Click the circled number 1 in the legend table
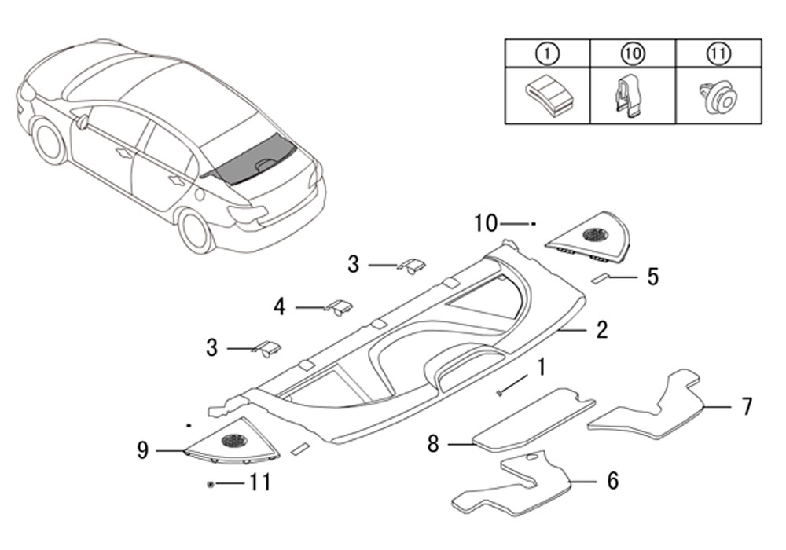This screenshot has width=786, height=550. [x=547, y=53]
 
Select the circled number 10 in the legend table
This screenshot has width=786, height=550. [x=633, y=53]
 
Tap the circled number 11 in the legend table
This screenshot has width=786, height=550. [x=719, y=53]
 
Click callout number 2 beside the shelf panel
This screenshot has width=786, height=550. [x=602, y=329]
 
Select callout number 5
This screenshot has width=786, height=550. [x=652, y=277]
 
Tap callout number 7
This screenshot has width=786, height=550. [x=747, y=407]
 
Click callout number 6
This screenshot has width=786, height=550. [x=612, y=480]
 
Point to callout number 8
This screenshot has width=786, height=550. [x=433, y=444]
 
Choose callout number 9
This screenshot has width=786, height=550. [x=143, y=450]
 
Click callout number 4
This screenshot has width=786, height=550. [x=279, y=306]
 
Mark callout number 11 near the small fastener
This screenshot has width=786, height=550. [x=260, y=483]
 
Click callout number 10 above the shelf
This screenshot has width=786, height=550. [x=486, y=223]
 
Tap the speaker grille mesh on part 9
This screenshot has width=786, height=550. [x=234, y=440]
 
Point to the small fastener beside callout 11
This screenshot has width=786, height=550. [x=211, y=484]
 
